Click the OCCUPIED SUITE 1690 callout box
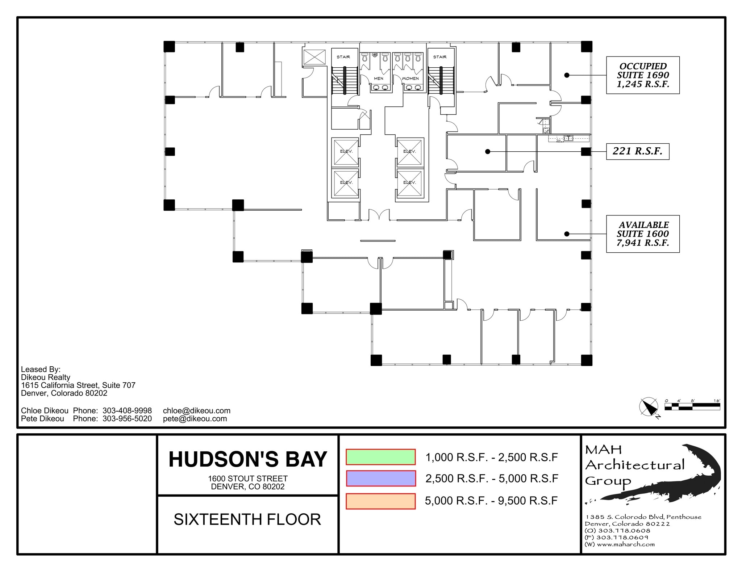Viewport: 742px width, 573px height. click(x=643, y=75)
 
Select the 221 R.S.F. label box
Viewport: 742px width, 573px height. click(x=637, y=151)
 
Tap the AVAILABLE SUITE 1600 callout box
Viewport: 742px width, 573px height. click(x=643, y=234)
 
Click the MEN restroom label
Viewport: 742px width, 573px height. click(x=378, y=79)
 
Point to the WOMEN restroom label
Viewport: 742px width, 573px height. click(x=410, y=79)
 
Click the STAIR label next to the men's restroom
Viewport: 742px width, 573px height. click(x=343, y=57)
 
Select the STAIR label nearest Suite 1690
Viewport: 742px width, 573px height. click(x=439, y=57)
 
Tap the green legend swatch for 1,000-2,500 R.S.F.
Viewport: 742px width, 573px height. click(x=380, y=457)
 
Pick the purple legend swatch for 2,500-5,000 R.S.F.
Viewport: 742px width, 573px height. click(x=380, y=479)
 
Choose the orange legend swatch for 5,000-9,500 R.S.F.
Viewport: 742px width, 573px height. click(x=380, y=501)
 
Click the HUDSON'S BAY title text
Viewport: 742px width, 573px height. click(x=248, y=459)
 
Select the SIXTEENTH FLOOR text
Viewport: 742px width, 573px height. click(x=247, y=519)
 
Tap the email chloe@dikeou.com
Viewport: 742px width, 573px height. click(x=196, y=411)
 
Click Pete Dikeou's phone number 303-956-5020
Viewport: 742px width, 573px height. click(x=127, y=419)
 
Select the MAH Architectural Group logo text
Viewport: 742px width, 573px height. click(x=634, y=465)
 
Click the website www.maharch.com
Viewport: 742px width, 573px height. click(x=626, y=544)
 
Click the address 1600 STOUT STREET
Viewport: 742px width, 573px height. click(x=248, y=479)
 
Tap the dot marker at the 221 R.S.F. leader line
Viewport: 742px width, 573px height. click(x=488, y=152)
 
